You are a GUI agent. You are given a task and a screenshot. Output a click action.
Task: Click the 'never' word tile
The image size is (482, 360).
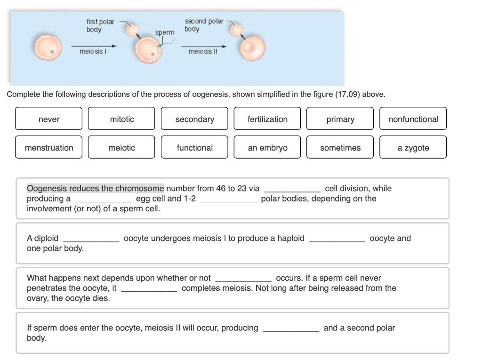(x=48, y=119)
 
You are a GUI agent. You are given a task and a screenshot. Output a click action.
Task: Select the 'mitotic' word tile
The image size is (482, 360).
(x=121, y=119)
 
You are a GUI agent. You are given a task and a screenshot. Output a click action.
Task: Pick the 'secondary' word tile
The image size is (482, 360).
(x=194, y=119)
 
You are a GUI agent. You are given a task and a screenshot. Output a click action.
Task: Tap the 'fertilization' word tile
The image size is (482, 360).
(x=267, y=119)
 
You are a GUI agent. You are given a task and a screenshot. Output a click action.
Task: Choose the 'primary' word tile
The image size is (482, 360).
(x=340, y=119)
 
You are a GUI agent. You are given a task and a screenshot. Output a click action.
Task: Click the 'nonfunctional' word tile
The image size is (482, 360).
(x=413, y=119)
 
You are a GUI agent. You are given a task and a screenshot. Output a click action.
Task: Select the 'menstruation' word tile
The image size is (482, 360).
(x=48, y=148)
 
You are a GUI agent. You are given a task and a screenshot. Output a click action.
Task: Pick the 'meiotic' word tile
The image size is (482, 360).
(x=121, y=148)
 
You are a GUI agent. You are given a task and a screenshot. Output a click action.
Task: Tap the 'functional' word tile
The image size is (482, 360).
(x=194, y=148)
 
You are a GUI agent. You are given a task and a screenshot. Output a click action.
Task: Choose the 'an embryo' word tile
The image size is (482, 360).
(x=267, y=148)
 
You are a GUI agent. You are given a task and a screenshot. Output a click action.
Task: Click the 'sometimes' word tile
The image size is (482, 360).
(x=340, y=148)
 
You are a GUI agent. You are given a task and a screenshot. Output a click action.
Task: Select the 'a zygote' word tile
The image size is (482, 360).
(x=413, y=148)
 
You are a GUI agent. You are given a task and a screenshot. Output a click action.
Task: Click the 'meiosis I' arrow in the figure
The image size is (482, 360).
(x=94, y=46)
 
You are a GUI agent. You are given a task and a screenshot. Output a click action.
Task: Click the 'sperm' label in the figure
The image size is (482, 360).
(x=164, y=32)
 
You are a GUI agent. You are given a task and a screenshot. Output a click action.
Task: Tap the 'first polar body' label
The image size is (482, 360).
(x=100, y=25)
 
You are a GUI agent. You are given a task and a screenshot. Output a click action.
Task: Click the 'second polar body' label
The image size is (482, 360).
(x=203, y=25)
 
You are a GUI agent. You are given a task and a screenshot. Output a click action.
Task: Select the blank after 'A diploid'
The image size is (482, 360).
(x=91, y=239)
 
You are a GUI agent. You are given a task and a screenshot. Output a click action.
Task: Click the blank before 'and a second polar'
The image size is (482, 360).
(x=290, y=328)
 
